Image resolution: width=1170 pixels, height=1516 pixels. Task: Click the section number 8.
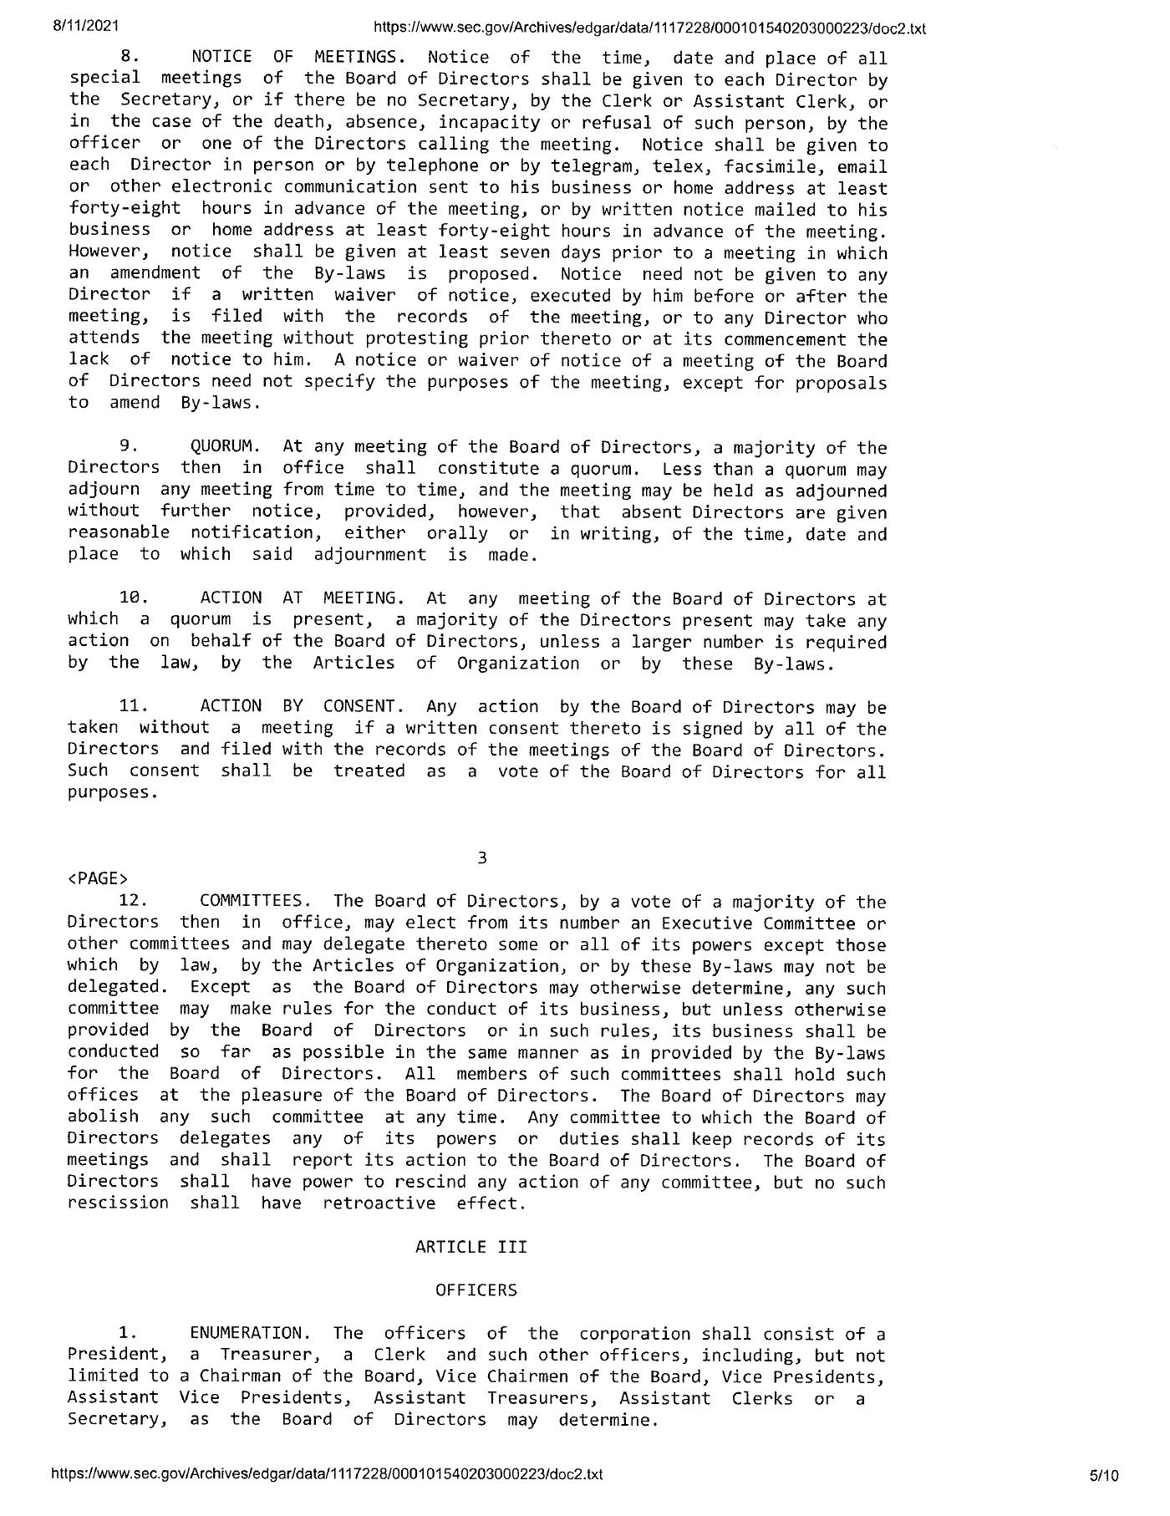[130, 58]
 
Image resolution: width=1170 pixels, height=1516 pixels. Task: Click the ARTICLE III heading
[471, 1247]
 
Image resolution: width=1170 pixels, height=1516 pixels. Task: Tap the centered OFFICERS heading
[476, 1290]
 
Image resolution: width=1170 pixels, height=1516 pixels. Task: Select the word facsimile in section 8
[769, 166]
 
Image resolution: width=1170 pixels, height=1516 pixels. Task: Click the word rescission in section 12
[118, 1203]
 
